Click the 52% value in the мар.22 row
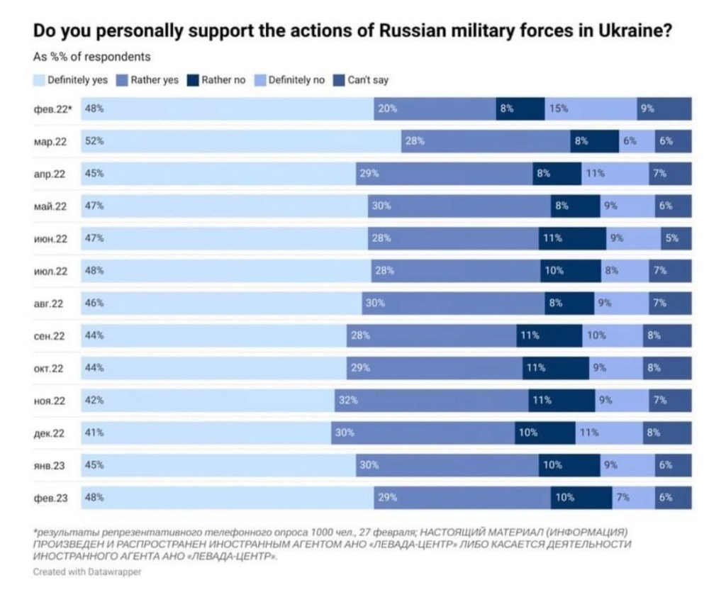click(x=94, y=141)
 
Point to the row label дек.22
click(x=50, y=433)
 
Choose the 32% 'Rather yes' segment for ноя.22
click(x=431, y=400)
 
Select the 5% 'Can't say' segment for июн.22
click(x=676, y=238)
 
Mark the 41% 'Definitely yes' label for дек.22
click(x=94, y=433)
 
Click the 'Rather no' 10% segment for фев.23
click(x=581, y=497)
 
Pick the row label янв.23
click(x=50, y=466)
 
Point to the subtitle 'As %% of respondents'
click(x=91, y=57)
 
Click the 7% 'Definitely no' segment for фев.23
click(x=633, y=497)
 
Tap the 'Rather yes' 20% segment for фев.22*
click(x=435, y=108)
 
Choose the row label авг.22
click(x=50, y=304)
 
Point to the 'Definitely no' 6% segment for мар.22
click(x=636, y=141)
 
